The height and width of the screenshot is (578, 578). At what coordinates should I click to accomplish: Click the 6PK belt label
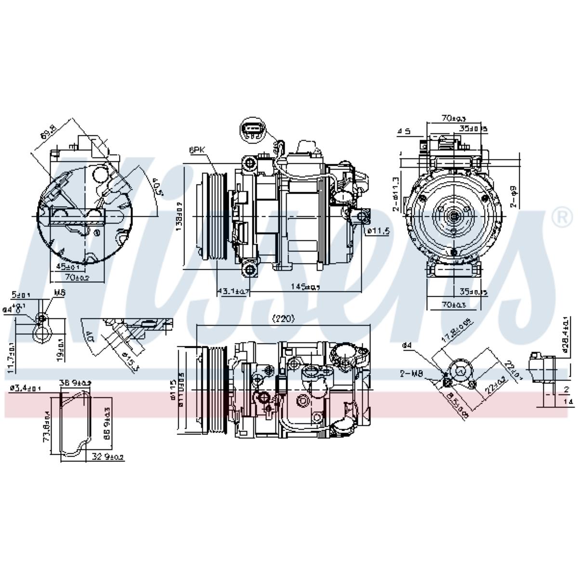[197, 150]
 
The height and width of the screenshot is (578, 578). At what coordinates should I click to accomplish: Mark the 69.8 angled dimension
[49, 131]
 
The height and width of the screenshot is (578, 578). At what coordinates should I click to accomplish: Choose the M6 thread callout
[59, 292]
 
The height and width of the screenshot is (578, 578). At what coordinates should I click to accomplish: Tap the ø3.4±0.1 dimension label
[26, 388]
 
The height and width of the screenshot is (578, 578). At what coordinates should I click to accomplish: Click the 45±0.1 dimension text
[69, 266]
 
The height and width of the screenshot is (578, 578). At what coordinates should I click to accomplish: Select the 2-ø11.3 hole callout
[395, 194]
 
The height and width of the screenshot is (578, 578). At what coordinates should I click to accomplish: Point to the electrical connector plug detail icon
[253, 131]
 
